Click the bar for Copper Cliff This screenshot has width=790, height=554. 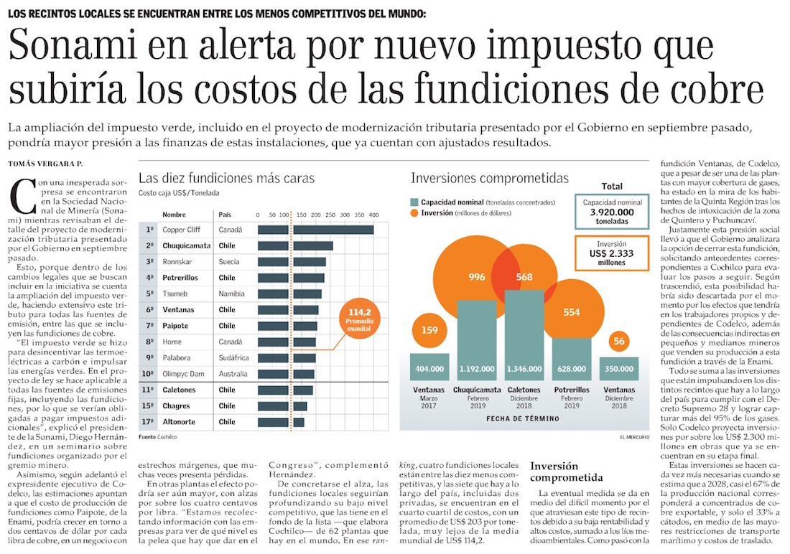(315, 230)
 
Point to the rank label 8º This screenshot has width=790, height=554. (151, 342)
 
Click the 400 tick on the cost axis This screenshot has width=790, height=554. (373, 215)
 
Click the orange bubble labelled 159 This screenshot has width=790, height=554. (429, 332)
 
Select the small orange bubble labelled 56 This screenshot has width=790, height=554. (618, 341)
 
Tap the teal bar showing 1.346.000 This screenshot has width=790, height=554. (524, 334)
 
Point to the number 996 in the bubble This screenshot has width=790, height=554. (476, 277)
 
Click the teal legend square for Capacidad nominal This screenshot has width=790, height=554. (414, 202)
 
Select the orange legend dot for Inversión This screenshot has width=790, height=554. (414, 213)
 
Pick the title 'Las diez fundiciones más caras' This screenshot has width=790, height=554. (226, 178)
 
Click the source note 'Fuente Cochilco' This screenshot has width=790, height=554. (158, 436)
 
